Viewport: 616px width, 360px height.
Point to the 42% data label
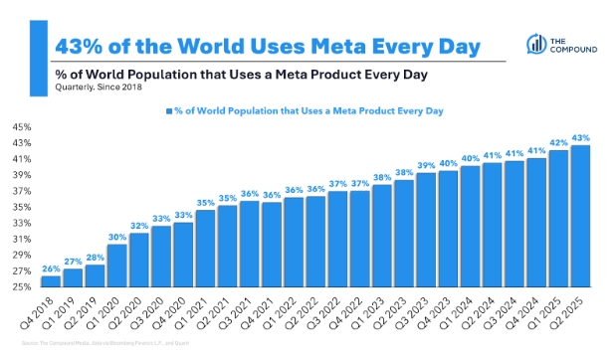[558, 141]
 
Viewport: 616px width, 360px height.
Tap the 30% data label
[116, 236]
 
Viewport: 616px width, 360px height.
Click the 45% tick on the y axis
[22, 127]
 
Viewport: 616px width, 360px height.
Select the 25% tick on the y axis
[22, 287]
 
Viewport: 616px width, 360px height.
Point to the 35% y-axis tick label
[22, 207]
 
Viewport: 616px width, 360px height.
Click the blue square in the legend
[169, 111]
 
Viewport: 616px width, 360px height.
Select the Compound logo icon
[531, 44]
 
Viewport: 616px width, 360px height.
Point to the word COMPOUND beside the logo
[570, 50]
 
